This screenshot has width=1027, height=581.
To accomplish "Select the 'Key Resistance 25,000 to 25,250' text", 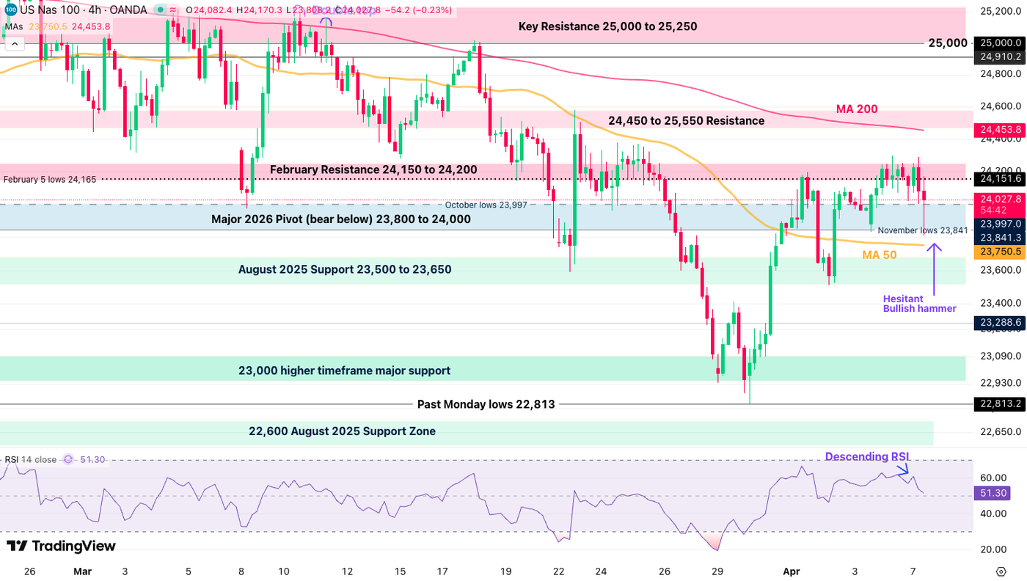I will [x=607, y=26].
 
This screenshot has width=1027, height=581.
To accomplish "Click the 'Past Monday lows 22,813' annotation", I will [x=486, y=404].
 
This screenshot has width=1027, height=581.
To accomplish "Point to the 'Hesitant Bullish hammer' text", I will [x=919, y=304].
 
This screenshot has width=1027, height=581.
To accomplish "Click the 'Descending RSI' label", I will [x=867, y=457].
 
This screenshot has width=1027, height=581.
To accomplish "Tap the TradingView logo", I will [x=61, y=546].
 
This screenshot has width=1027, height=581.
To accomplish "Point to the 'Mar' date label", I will [x=82, y=571].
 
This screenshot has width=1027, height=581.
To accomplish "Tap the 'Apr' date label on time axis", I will [x=791, y=571].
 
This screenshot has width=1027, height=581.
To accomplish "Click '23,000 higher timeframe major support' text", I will [x=344, y=371].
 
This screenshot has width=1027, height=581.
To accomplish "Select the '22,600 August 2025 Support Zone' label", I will [x=342, y=431].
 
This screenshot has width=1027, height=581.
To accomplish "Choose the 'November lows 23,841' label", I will [x=922, y=230].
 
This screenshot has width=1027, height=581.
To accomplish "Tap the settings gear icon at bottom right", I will [x=1001, y=571].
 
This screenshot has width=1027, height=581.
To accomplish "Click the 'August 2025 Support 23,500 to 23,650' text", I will [x=345, y=270].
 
